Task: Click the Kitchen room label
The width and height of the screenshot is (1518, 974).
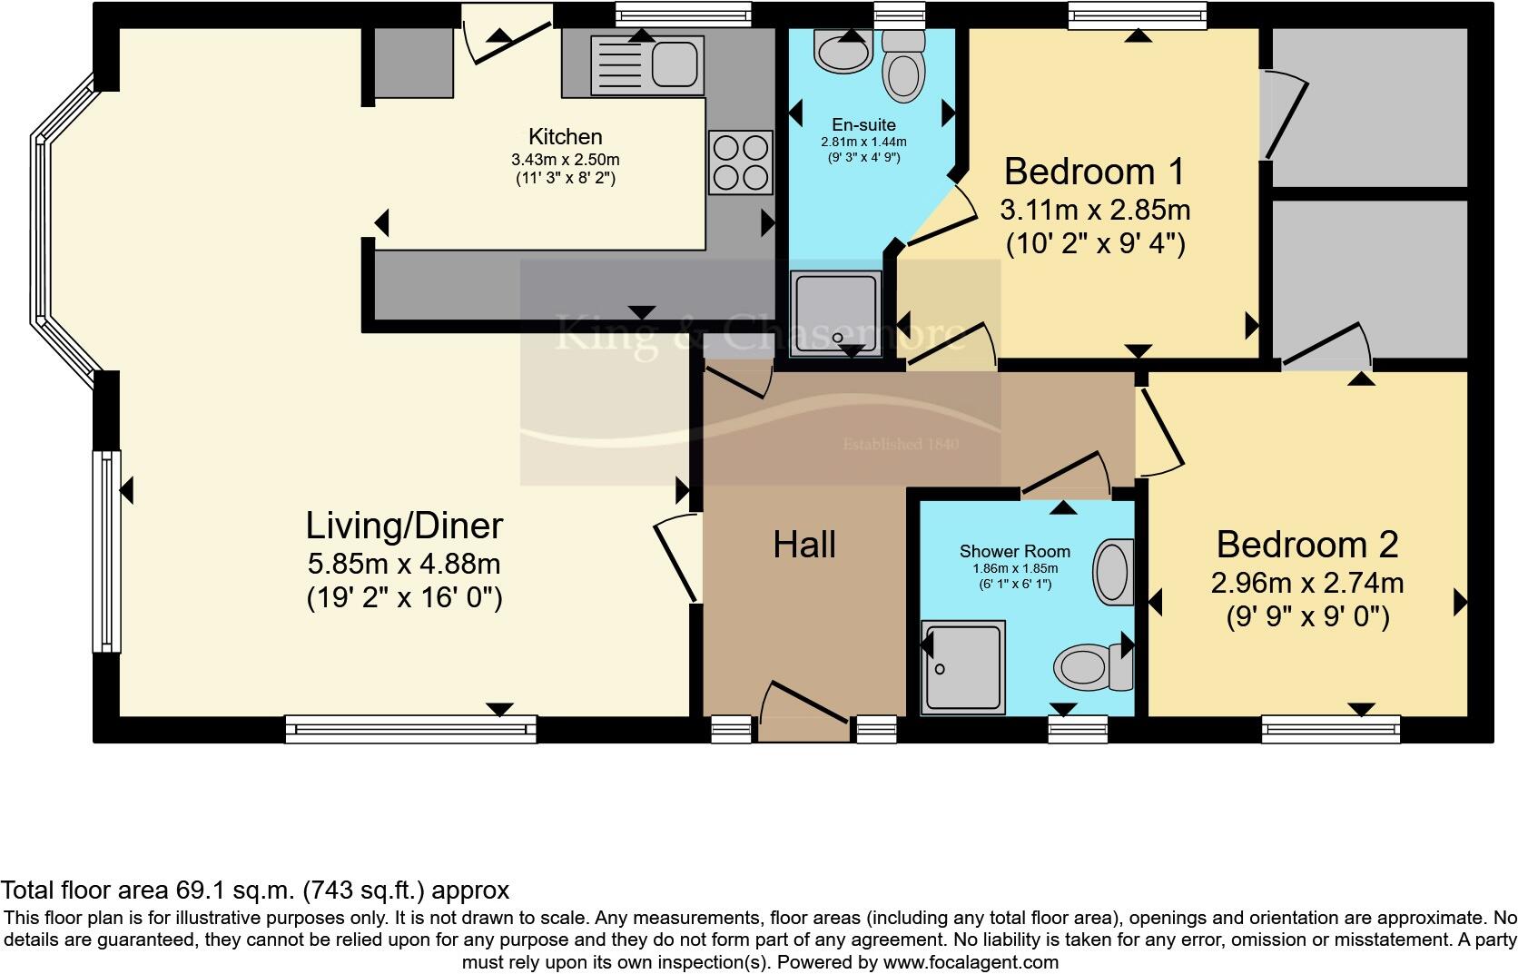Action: (565, 137)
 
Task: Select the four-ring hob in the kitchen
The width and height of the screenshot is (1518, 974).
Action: (741, 162)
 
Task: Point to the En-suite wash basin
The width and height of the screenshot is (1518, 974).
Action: (844, 51)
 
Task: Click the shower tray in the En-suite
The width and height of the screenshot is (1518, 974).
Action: (836, 313)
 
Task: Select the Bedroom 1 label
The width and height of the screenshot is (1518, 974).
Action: (1094, 171)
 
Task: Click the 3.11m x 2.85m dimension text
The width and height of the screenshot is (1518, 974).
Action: (1094, 211)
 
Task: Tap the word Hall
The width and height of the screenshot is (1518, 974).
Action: (804, 545)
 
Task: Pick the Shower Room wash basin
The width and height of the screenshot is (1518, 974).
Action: (1112, 573)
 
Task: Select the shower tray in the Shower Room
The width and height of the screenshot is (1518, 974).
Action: (962, 668)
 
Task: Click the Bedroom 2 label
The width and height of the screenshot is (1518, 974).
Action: (1306, 545)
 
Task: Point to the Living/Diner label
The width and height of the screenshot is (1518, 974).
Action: (404, 526)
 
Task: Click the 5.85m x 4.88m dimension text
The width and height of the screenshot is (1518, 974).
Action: (404, 564)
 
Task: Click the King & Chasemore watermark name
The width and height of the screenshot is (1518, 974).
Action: (759, 334)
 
